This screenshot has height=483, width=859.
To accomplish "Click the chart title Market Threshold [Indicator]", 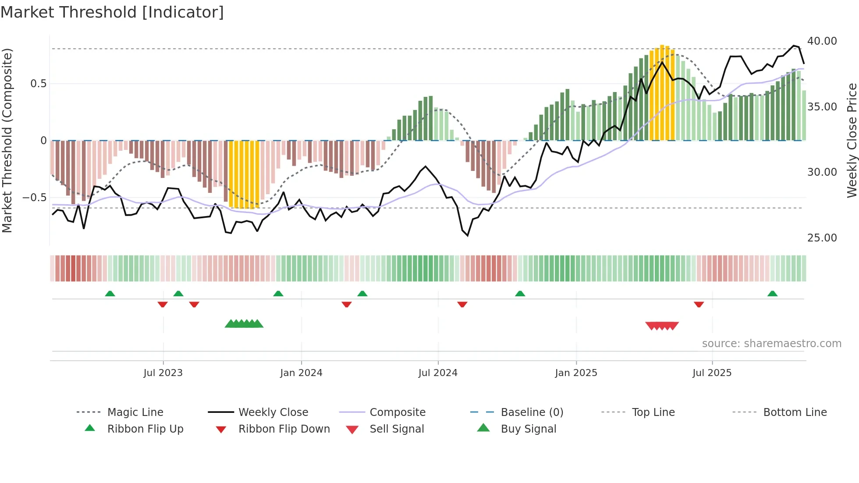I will tap(112, 12).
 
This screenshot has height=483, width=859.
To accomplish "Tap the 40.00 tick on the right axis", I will tap(822, 41).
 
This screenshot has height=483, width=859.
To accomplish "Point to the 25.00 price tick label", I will tap(822, 238).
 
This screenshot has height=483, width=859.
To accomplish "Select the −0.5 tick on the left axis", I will tap(34, 198).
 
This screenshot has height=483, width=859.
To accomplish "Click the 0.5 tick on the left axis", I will tap(38, 84).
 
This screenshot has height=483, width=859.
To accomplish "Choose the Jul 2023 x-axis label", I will tap(163, 373).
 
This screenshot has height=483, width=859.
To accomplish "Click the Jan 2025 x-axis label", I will tap(576, 373).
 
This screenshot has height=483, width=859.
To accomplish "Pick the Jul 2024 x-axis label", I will tap(438, 373).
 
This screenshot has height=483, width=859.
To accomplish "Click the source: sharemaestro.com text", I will tap(771, 344).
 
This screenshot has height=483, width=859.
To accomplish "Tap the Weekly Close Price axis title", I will tap(852, 140).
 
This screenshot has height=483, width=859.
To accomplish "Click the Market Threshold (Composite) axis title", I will tap(7, 140).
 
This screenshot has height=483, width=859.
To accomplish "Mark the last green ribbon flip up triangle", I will tap(772, 294).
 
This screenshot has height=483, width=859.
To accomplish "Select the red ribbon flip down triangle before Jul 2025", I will tap(699, 304).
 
